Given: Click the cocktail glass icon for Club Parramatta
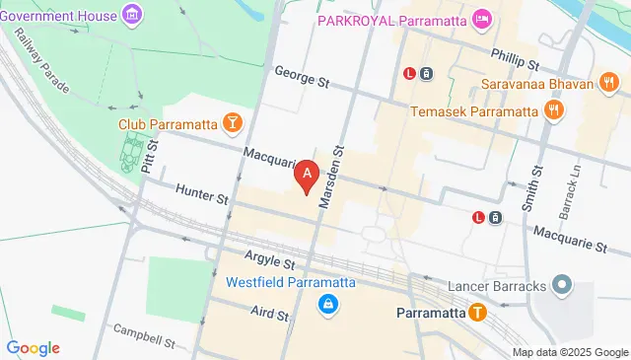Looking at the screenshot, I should click(232, 122).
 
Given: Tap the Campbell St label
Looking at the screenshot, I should click(143, 336).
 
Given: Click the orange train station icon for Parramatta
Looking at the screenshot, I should click(477, 314).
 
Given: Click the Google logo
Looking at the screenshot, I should click(33, 348).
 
